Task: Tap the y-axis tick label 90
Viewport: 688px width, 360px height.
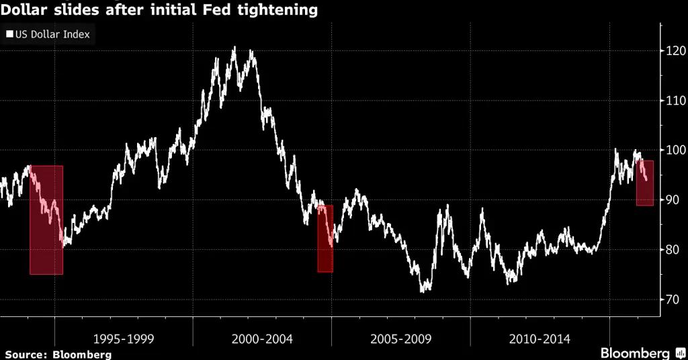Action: coord(672,200)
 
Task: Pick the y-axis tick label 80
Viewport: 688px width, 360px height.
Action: coord(672,250)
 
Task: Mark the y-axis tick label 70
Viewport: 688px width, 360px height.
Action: coord(672,300)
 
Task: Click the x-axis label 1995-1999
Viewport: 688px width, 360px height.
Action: coord(124,339)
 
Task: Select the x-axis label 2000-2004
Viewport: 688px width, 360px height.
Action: coord(262,339)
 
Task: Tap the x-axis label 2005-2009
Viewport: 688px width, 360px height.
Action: coord(400,339)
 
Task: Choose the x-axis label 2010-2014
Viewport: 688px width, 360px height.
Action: coord(540,339)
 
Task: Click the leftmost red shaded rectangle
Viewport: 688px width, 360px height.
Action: coord(46,220)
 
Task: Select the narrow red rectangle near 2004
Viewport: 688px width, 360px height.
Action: coord(325,238)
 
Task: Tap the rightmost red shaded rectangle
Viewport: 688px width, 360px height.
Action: coord(645,183)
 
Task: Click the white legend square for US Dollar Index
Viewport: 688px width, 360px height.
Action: coord(10,34)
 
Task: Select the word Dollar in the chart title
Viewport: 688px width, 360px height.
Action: coord(21,11)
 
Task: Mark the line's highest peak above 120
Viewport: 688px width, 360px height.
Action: coord(234,48)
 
